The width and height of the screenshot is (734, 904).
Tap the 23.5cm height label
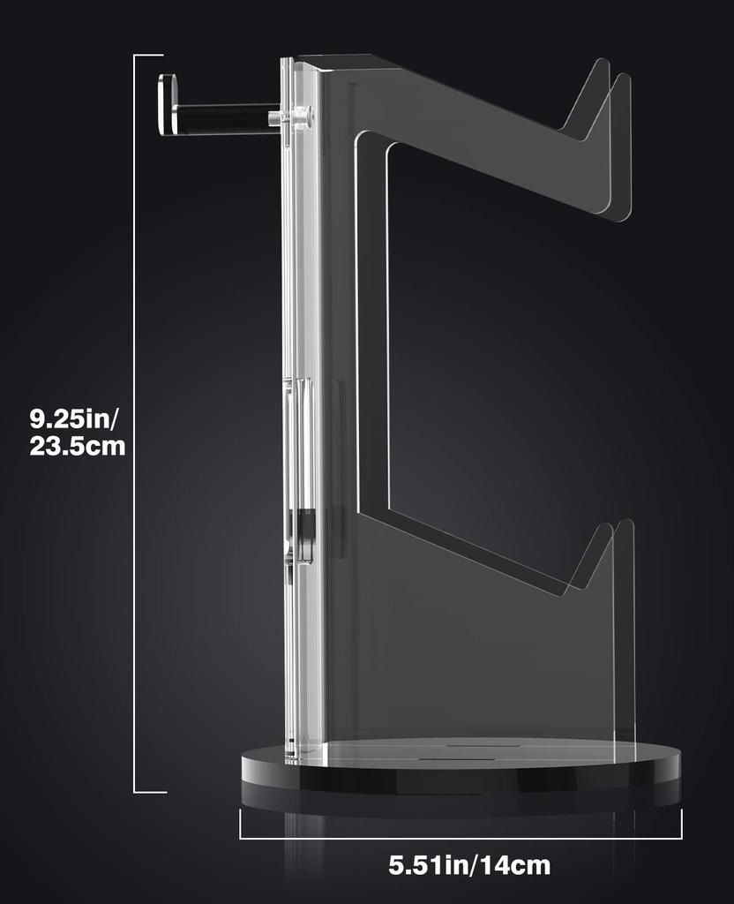78,447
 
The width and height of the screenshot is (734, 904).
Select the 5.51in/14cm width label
469,865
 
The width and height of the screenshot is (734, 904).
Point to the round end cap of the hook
166,105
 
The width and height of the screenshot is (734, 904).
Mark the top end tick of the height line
149,56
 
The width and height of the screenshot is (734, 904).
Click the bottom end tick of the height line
149,792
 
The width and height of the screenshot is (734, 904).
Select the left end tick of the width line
241,823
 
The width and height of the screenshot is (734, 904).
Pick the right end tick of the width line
681,823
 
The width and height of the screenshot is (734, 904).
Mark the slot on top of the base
459,756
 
